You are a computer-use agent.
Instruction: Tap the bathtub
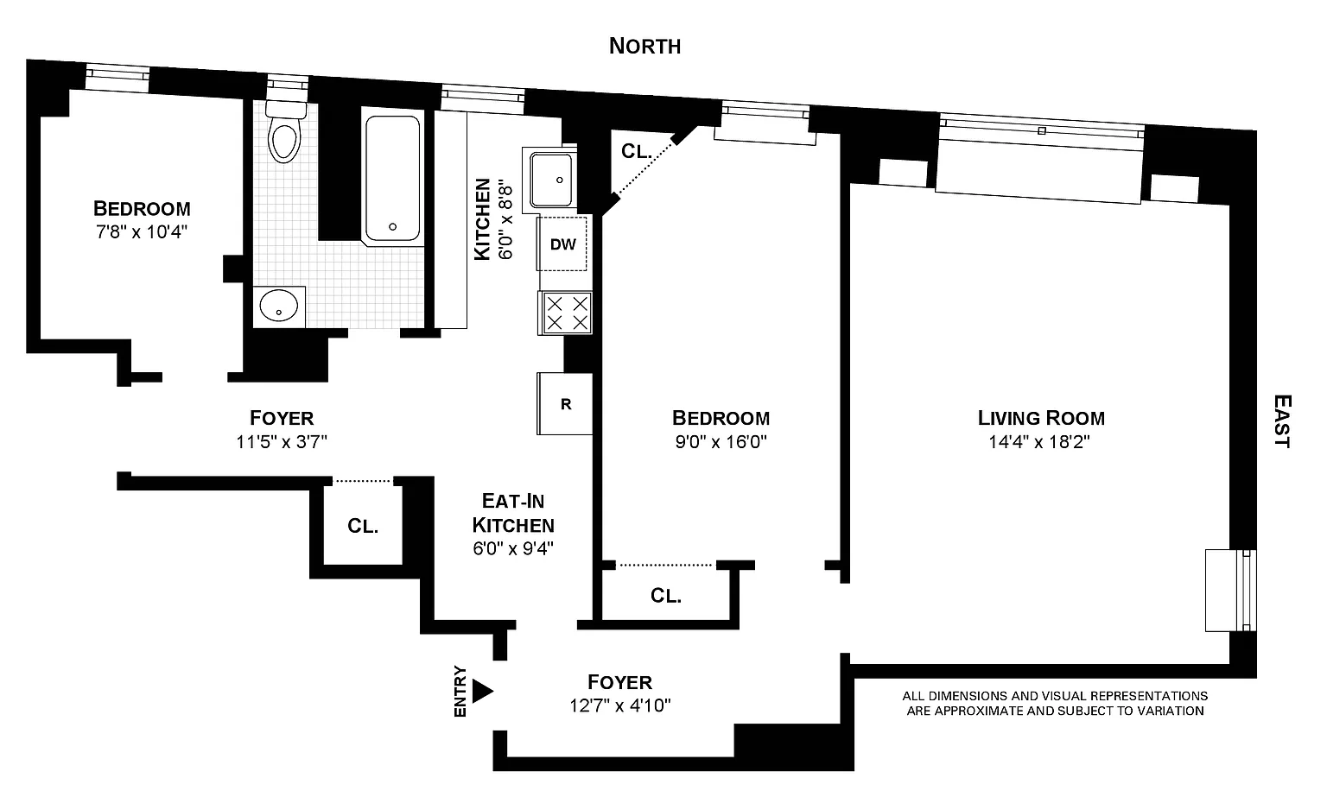click(x=393, y=179)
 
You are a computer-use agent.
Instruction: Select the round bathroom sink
click(x=279, y=306)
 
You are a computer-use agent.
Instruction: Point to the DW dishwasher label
click(x=563, y=244)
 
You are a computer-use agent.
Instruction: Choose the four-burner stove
click(x=567, y=313)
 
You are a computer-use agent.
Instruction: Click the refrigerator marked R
click(x=566, y=404)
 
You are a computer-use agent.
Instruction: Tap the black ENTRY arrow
click(x=482, y=691)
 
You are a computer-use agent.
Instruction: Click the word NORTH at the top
click(x=644, y=46)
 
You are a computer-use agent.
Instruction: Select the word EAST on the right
click(x=1282, y=421)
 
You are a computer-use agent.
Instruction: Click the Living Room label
click(x=1041, y=419)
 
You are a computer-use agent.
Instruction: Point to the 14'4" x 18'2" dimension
click(x=1040, y=443)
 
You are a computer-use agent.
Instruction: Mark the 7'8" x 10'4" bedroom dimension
click(x=142, y=231)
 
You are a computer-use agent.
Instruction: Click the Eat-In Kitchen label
click(x=517, y=513)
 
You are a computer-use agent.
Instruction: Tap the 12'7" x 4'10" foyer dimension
click(x=619, y=706)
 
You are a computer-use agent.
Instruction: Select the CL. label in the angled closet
click(x=636, y=151)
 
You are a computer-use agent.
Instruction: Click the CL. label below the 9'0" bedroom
click(x=666, y=596)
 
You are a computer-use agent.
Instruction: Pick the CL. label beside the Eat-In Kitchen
click(x=363, y=526)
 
